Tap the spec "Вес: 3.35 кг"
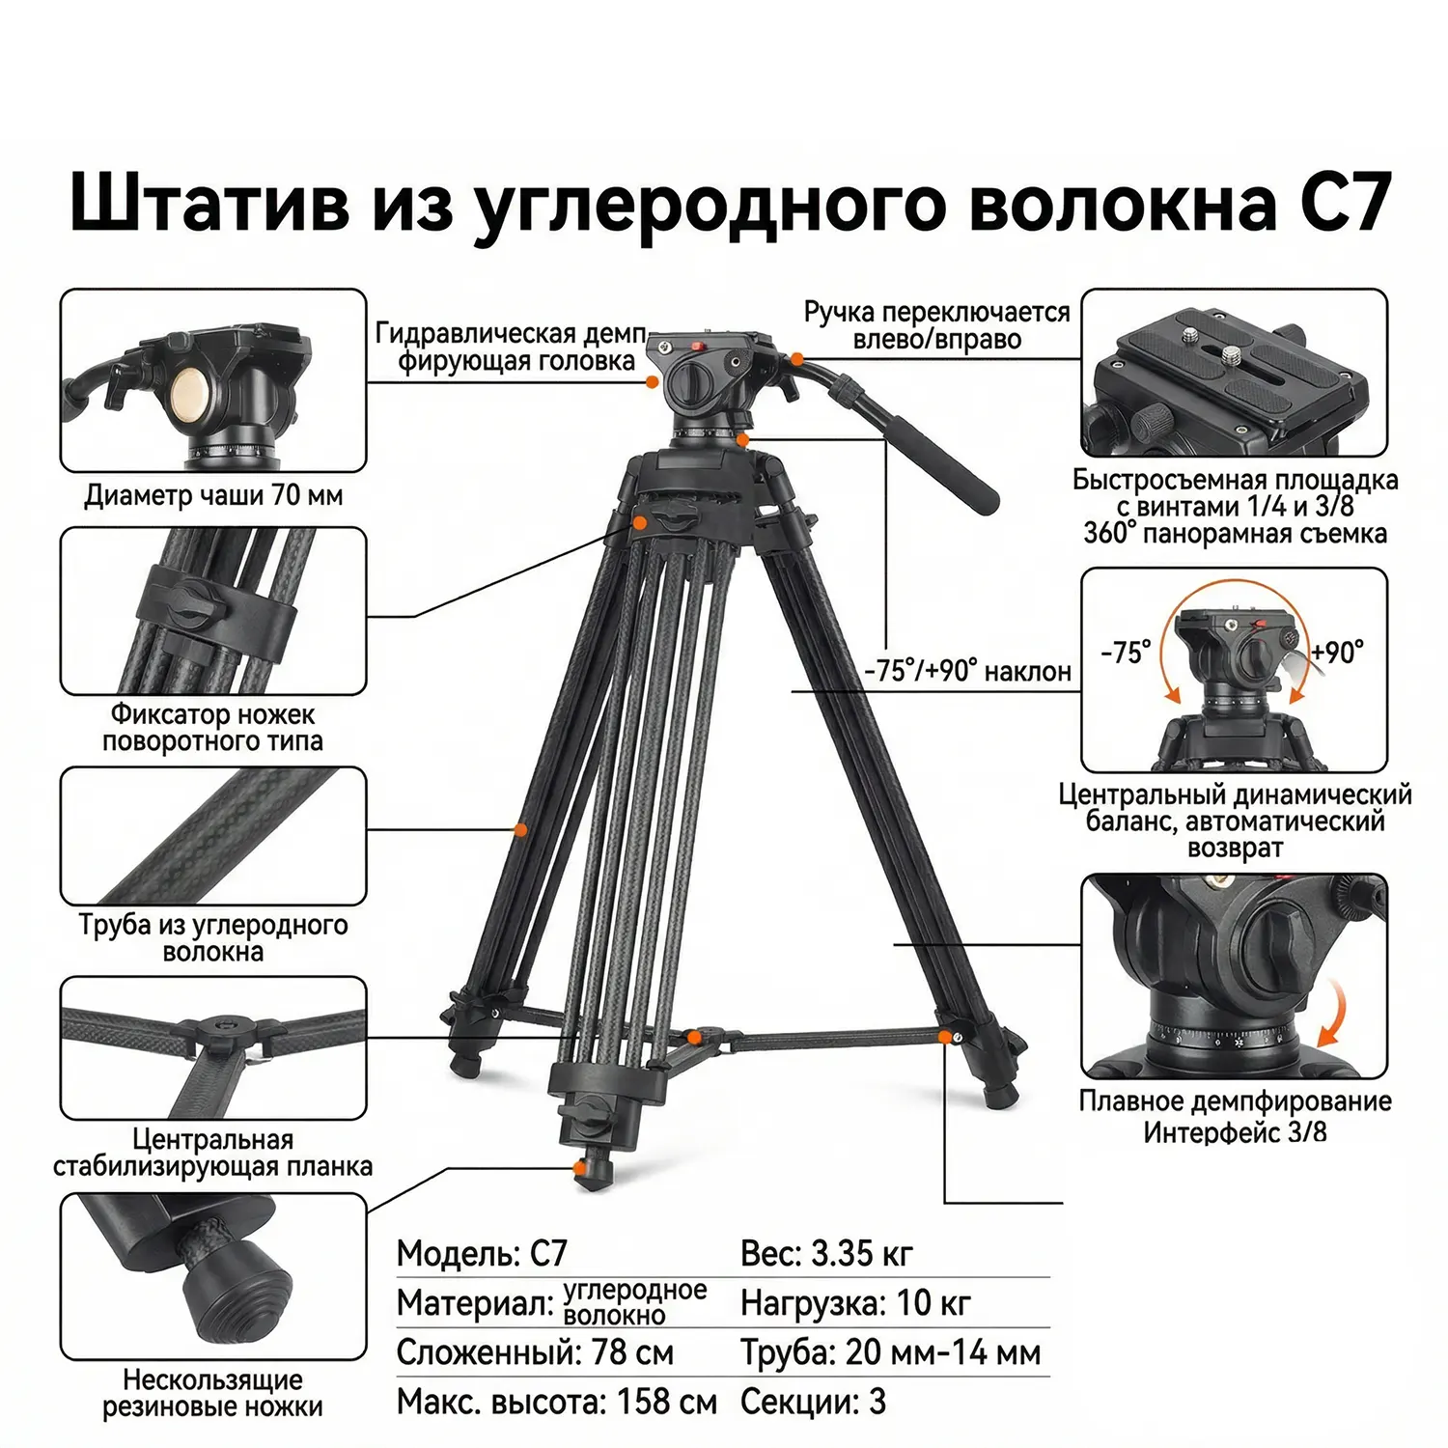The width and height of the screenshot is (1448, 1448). (826, 1253)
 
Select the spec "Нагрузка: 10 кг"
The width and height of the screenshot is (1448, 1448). (855, 1303)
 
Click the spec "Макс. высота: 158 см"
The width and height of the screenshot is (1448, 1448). (557, 1402)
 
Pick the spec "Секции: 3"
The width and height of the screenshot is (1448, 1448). (813, 1402)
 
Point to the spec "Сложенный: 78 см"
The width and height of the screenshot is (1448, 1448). (536, 1352)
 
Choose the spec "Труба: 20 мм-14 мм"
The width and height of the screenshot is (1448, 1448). (891, 1352)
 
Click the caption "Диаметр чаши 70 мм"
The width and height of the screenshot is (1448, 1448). (213, 495)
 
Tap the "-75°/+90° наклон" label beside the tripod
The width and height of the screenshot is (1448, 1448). (967, 671)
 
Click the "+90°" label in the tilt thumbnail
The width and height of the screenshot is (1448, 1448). (1338, 653)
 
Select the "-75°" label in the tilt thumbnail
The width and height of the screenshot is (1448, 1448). (1127, 653)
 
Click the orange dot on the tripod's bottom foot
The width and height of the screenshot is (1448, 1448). (579, 1169)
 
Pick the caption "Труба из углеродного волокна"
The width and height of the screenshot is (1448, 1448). (213, 938)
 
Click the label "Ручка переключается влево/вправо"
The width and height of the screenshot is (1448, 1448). (937, 325)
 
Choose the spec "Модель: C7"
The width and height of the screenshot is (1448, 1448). (482, 1253)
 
